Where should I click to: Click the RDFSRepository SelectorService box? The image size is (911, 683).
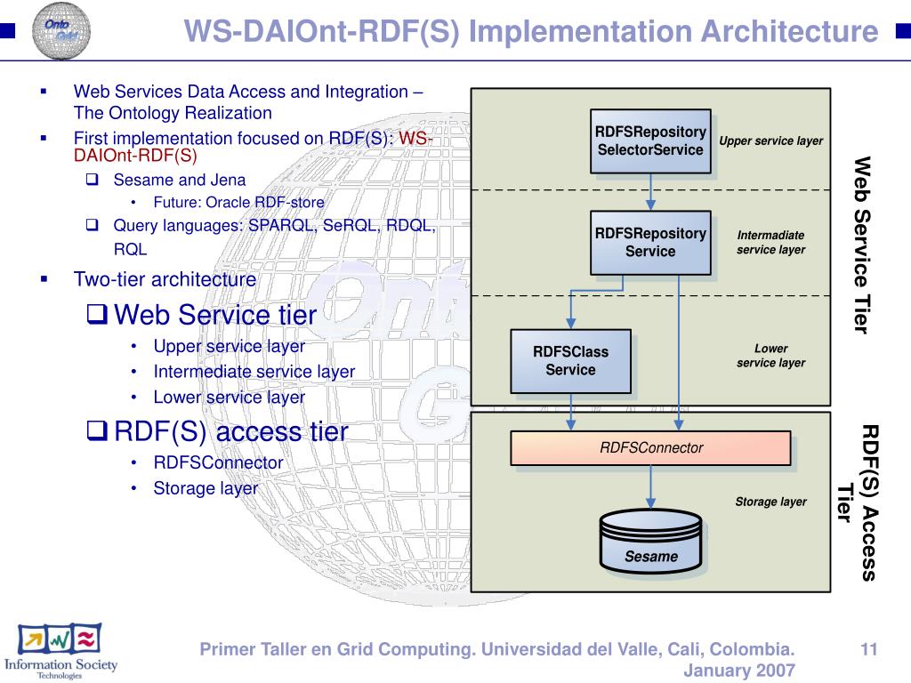point(651,141)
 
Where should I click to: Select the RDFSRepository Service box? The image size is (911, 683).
point(650,242)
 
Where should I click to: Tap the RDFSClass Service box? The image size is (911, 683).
point(570,360)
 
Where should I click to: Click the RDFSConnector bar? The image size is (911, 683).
point(650,448)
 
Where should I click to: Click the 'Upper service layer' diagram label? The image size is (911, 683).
point(770,141)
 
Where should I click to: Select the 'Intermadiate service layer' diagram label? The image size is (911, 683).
point(770,242)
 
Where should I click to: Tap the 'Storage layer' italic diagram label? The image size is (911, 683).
point(770,502)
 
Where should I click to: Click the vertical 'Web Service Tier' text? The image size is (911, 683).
point(860,245)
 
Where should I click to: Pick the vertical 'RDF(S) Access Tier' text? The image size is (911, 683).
point(859,502)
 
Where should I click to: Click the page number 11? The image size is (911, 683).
point(869,650)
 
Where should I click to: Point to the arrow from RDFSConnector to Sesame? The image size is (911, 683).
point(651,487)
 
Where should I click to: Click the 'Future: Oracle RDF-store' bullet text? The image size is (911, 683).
point(238,202)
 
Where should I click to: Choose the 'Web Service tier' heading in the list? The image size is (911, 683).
point(215,315)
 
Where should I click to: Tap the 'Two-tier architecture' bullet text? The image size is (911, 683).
point(165,279)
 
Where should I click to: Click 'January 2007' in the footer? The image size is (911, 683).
point(738,670)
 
